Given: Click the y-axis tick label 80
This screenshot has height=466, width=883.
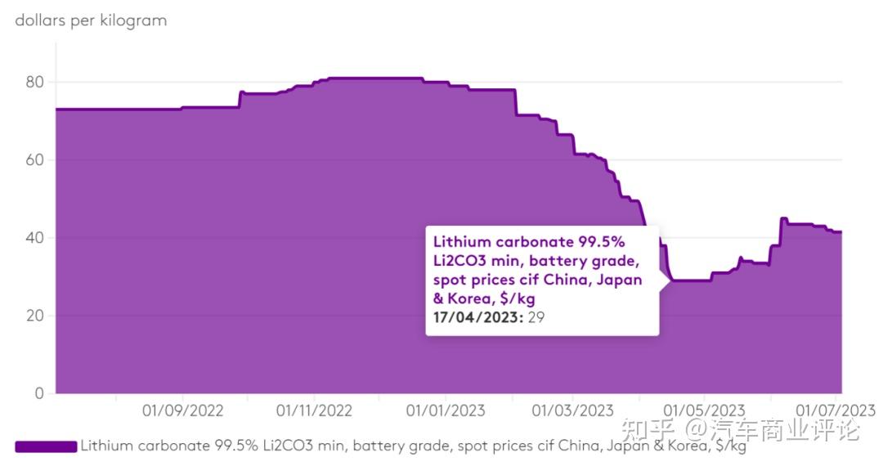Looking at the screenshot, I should (34, 83).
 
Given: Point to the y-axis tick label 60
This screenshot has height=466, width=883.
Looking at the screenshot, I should (34, 160).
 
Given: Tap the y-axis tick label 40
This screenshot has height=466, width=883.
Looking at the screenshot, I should (34, 238).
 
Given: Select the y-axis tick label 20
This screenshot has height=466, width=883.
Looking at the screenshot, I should (34, 316).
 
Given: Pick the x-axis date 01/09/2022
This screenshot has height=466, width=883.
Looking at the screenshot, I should (182, 410).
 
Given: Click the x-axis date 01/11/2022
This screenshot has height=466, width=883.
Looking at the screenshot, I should (314, 410).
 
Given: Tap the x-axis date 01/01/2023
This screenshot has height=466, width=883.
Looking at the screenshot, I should (446, 410).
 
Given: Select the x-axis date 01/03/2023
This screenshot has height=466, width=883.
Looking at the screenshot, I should (572, 410).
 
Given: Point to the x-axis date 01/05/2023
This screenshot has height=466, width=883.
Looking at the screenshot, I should (705, 410).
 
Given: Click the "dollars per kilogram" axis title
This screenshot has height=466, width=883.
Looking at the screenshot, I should (91, 20).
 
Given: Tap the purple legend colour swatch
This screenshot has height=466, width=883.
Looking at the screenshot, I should (46, 446).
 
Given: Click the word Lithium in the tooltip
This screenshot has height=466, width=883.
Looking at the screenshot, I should (462, 242).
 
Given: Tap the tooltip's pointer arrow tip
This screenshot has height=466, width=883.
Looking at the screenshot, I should (670, 280).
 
